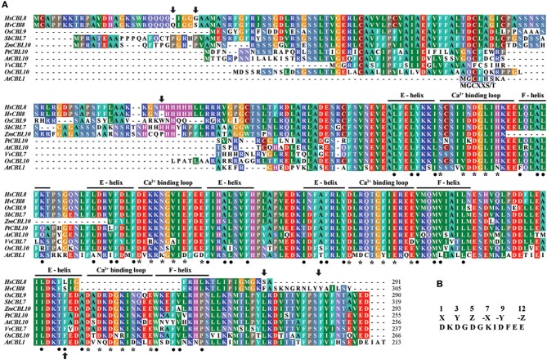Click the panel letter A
(5, 7)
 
